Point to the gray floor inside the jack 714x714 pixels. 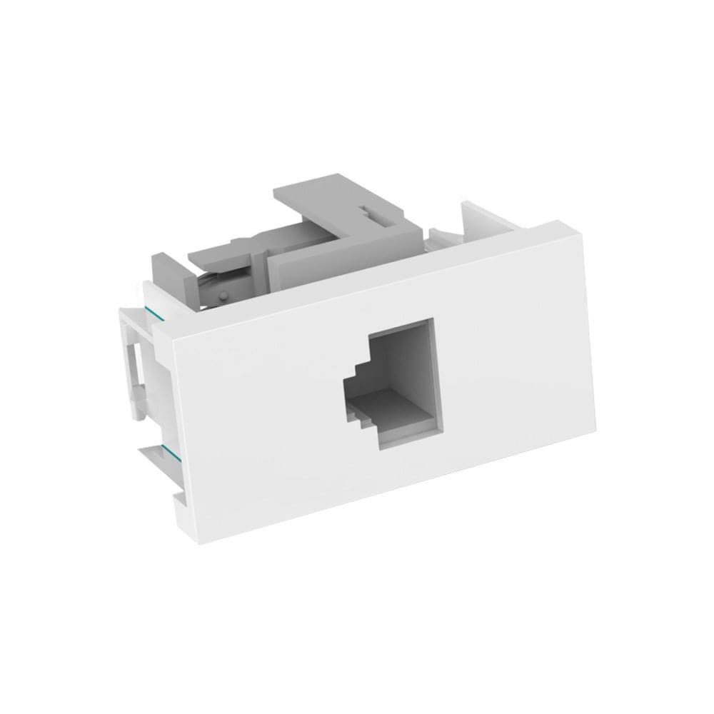(396, 411)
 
